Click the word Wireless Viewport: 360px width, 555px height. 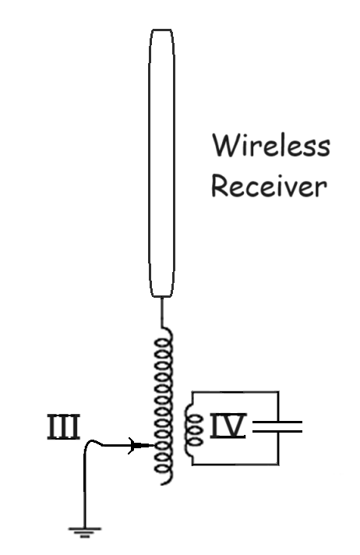[x=271, y=145]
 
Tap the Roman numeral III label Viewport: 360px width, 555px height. [x=63, y=427]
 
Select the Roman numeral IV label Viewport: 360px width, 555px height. [x=228, y=426]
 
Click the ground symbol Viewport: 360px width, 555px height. [x=85, y=532]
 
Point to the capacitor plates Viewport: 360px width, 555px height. [x=277, y=426]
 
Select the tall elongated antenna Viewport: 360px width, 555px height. [x=161, y=163]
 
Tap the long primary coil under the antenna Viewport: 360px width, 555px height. [x=164, y=406]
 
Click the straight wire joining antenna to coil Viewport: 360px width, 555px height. [x=162, y=312]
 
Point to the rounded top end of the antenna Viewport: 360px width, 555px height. [x=162, y=30]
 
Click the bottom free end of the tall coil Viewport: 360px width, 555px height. [x=163, y=483]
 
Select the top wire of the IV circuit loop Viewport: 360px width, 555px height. [x=235, y=392]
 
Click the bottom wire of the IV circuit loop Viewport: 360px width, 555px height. [x=235, y=464]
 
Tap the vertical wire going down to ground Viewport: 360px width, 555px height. [x=85, y=490]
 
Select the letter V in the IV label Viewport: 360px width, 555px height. [x=234, y=426]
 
